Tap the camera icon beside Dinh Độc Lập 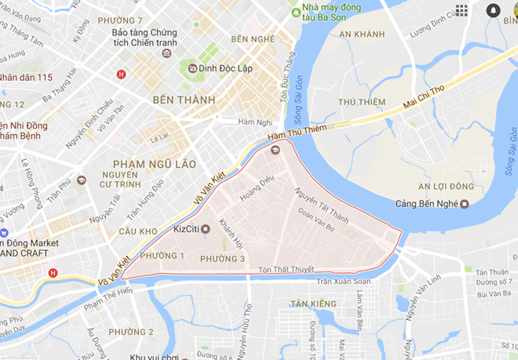tap(192, 68)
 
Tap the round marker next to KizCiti tap(206, 229)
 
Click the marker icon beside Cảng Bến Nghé tap(465, 205)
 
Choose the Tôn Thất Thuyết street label tap(282, 271)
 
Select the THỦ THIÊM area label tap(362, 102)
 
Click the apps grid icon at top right tap(461, 10)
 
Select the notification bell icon tap(493, 10)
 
